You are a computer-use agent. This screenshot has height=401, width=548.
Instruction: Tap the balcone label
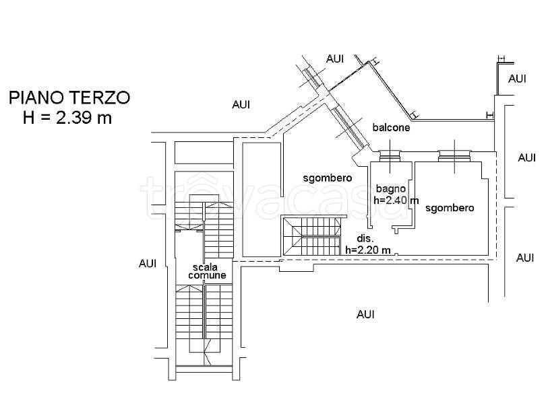[x=391, y=127]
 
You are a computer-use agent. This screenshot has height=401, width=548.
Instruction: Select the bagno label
[x=391, y=189]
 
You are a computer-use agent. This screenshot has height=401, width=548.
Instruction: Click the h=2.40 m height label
[x=396, y=200]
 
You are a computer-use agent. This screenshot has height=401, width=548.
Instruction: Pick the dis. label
[x=365, y=239]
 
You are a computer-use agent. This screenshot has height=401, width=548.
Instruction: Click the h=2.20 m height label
[x=368, y=250]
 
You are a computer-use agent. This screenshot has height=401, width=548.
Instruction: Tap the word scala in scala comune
[x=205, y=267]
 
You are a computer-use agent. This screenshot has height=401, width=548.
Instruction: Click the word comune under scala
[x=207, y=275]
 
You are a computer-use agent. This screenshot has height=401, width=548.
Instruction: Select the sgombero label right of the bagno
[x=450, y=208]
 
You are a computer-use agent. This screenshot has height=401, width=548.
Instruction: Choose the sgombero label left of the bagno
[x=328, y=178]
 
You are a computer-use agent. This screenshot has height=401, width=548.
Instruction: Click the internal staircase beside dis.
[x=311, y=236]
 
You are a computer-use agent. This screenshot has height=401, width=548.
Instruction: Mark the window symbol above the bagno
[x=390, y=155]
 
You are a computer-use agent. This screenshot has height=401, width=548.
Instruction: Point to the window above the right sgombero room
[x=454, y=155]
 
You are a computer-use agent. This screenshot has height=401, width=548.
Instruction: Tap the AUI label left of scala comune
[x=148, y=264]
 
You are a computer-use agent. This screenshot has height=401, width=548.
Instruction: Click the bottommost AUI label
[x=365, y=314]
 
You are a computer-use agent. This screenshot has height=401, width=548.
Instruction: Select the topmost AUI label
[x=335, y=59]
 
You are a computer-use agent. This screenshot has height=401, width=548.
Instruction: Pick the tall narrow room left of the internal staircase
[x=262, y=199]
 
